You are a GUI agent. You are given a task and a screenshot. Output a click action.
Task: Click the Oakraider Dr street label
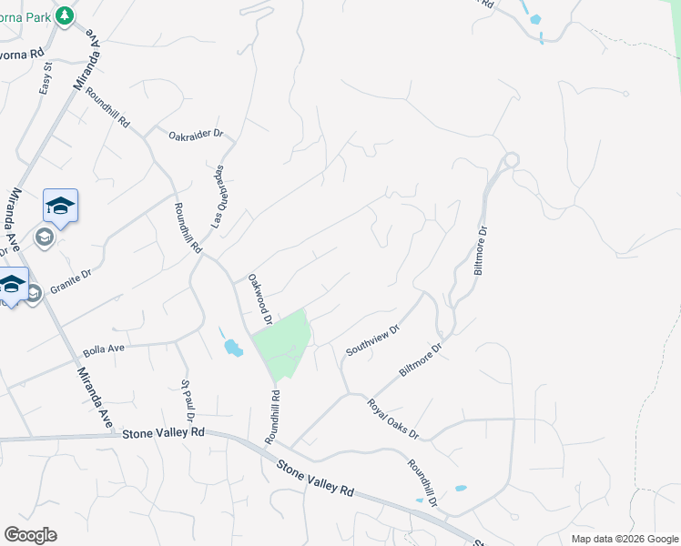point(196,134)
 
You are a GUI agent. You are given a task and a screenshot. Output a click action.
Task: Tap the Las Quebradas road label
point(219,197)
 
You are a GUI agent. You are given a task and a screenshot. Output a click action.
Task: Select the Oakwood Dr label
point(259,299)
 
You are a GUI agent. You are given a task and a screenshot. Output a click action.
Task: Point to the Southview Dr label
point(372,340)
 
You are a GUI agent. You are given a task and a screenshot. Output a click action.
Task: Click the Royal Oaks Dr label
point(392,419)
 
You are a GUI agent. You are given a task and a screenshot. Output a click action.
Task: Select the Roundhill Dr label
point(423,482)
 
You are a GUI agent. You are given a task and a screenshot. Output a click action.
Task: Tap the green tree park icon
point(64,15)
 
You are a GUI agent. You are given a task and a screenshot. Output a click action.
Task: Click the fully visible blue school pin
point(60,206)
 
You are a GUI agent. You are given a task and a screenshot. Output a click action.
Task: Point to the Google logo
point(30,535)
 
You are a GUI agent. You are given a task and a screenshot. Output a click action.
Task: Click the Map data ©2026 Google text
point(624,539)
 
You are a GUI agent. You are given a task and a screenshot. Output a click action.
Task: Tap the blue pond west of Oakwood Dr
point(233,347)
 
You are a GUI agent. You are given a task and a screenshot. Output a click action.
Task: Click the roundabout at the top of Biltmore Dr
point(511,160)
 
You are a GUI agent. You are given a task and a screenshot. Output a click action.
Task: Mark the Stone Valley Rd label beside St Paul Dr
point(164,434)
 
